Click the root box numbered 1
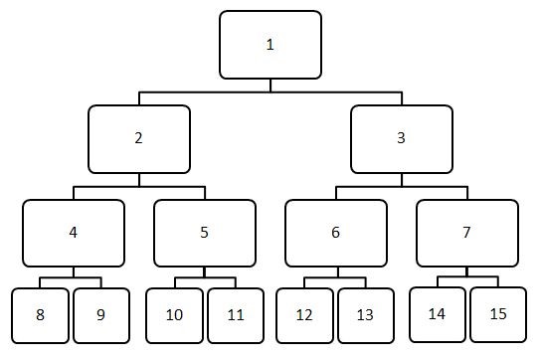270,45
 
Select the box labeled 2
138,139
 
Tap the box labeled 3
401,139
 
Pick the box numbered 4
74,233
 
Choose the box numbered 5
204,233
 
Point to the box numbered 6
335,233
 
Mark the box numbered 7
466,233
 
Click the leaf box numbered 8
40,315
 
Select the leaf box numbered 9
101,315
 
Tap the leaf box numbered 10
174,315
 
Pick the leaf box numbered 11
235,315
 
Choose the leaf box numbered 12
304,315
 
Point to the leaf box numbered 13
365,315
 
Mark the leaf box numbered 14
437,314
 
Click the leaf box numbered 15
498,314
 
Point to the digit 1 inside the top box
270,45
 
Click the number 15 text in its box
498,313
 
